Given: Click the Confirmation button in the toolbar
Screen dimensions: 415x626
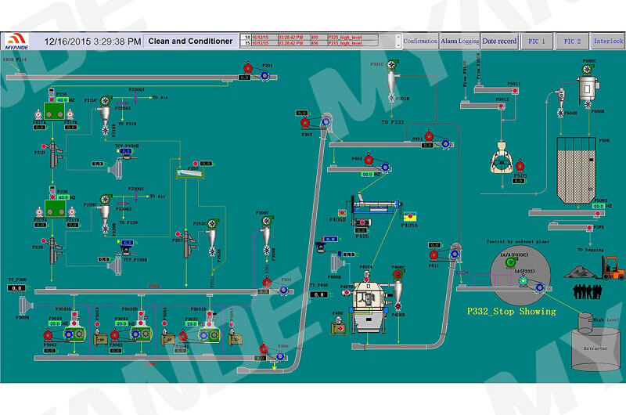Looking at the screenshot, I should (420, 41).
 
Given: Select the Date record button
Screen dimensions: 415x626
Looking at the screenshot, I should (498, 41).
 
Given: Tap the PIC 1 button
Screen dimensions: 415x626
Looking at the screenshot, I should (537, 41).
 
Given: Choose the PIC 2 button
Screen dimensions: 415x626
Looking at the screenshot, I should (572, 41).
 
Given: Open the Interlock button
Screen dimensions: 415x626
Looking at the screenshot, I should (608, 41).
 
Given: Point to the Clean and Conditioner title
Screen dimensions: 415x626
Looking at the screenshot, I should (191, 41).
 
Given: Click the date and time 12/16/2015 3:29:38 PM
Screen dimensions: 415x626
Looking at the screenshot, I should (92, 41).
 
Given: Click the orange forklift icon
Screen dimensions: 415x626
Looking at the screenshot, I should (613, 269).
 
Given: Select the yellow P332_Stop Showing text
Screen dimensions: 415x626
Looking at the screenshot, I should (511, 311).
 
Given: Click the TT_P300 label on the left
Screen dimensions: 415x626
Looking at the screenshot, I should (17, 279).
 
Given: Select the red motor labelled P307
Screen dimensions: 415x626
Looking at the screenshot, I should (304, 123).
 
